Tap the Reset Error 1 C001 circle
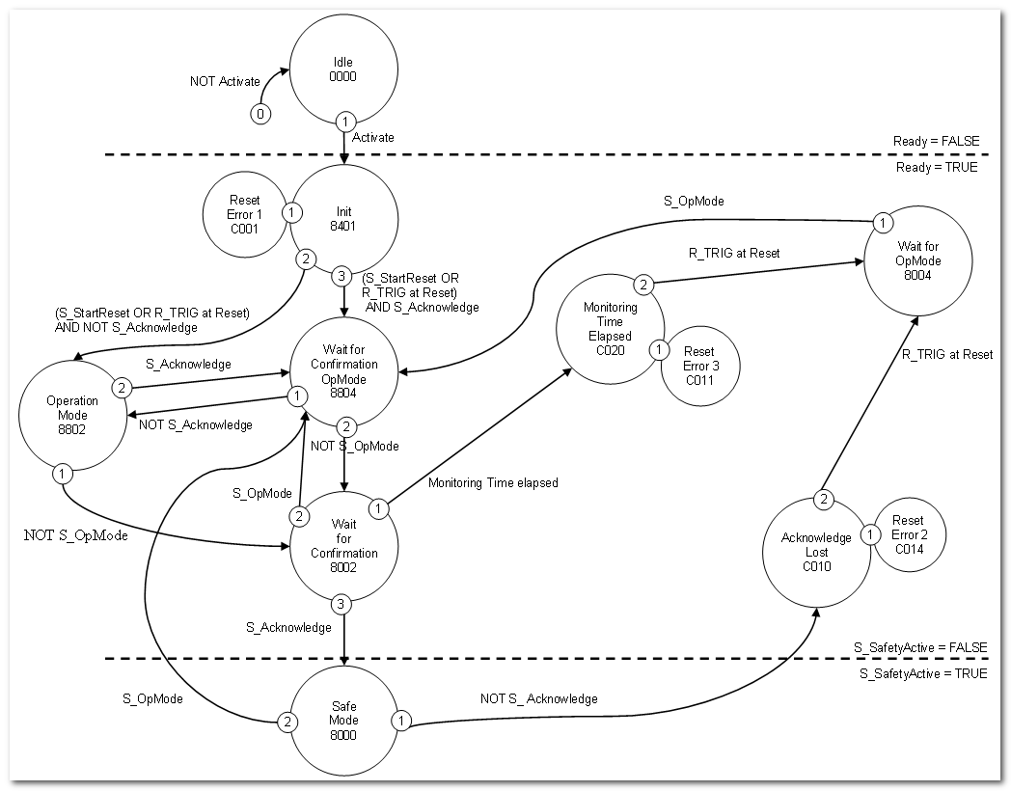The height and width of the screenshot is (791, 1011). pyautogui.click(x=245, y=214)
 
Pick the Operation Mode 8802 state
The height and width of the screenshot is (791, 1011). pyautogui.click(x=73, y=414)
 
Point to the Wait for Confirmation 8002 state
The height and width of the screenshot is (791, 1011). pyautogui.click(x=344, y=546)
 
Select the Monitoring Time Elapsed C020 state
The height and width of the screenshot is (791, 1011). pyautogui.click(x=611, y=329)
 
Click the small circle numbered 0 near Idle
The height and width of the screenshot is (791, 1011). pyautogui.click(x=260, y=114)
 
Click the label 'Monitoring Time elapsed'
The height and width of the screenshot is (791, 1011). pyautogui.click(x=493, y=481)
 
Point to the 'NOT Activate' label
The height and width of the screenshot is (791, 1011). pyautogui.click(x=225, y=81)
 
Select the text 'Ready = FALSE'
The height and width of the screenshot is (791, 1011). pyautogui.click(x=935, y=141)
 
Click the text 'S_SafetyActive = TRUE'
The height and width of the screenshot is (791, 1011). pyautogui.click(x=922, y=673)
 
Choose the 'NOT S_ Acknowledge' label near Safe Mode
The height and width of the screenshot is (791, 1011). pyautogui.click(x=538, y=698)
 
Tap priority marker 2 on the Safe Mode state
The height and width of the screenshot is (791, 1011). pyautogui.click(x=287, y=721)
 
